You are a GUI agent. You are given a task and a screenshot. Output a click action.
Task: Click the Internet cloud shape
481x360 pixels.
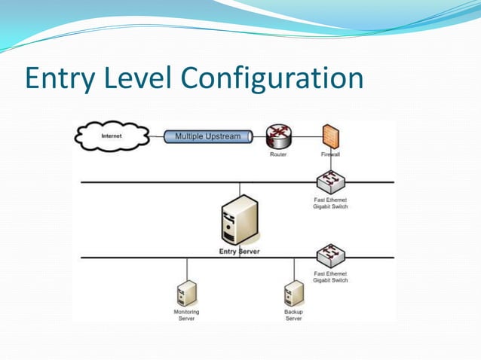[x=110, y=136]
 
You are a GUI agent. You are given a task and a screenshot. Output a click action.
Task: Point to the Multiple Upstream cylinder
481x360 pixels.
[x=207, y=136]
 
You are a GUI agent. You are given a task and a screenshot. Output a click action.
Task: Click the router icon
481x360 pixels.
[x=278, y=136]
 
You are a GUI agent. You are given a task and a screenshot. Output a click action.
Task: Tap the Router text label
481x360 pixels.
[x=278, y=154]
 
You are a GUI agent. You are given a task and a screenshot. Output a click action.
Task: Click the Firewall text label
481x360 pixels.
[x=330, y=154]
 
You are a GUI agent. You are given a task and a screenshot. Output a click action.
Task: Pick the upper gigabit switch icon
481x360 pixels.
[x=330, y=181]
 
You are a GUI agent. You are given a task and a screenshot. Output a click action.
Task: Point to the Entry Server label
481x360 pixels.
[x=239, y=252]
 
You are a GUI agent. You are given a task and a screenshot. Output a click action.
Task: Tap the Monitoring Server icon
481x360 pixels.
[x=186, y=292]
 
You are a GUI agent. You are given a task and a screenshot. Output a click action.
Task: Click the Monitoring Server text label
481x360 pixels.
[x=186, y=314]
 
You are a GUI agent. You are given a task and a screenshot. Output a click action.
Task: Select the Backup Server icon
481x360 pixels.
[x=293, y=292]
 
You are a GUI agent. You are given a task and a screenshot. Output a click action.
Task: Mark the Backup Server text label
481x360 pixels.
[x=293, y=314]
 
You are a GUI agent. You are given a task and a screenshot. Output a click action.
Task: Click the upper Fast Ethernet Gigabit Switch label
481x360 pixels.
[x=330, y=203]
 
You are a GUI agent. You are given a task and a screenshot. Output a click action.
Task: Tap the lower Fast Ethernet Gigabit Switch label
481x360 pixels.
[x=330, y=276]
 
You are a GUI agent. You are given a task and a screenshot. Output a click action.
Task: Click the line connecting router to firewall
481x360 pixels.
[x=305, y=137]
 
